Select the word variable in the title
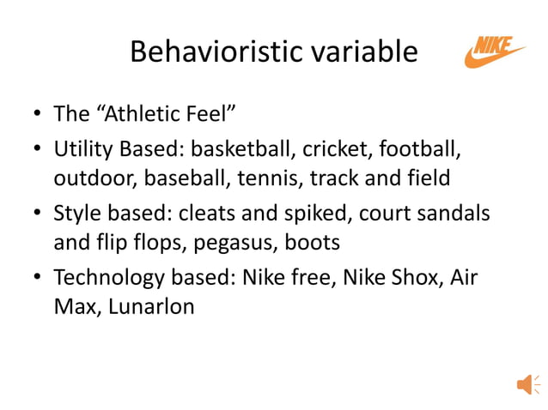(367, 53)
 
